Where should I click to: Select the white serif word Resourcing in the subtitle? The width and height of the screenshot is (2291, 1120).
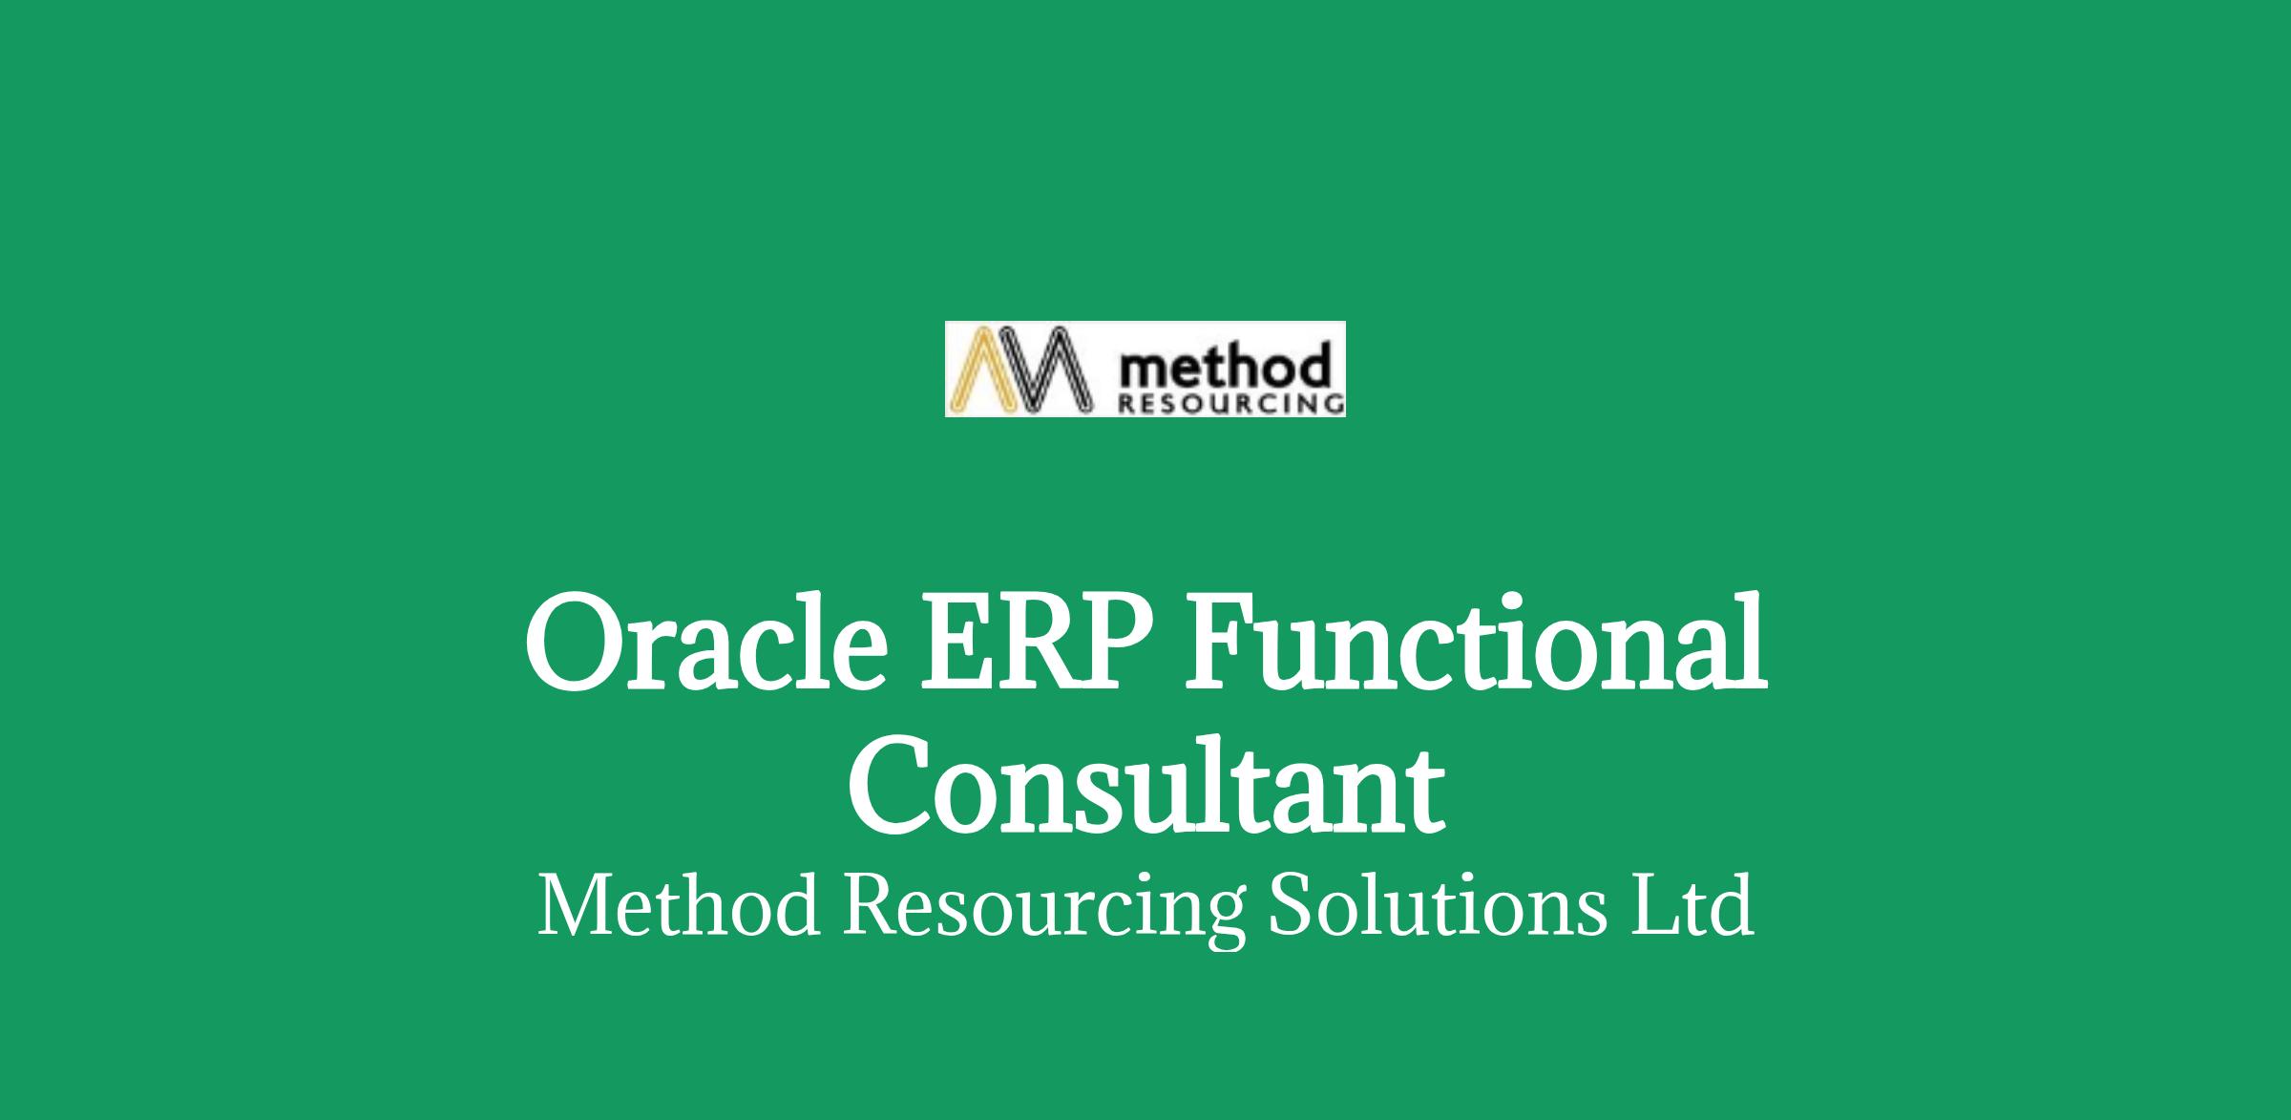coord(1043,909)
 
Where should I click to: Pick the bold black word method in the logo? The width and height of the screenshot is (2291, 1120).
coord(1221,369)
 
